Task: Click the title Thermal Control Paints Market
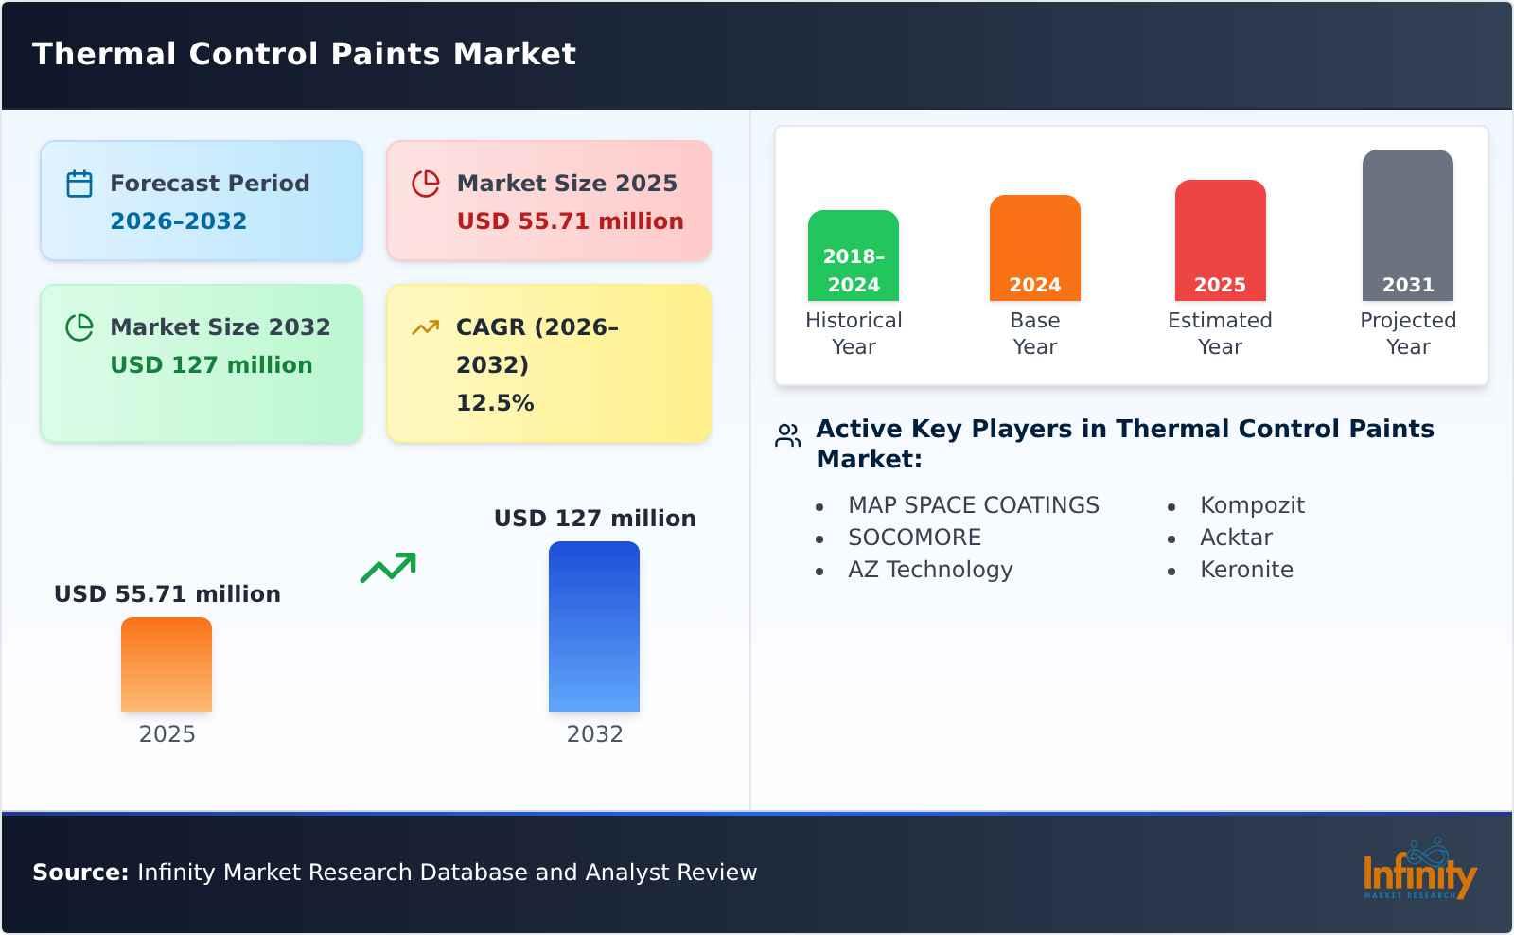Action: coord(304,54)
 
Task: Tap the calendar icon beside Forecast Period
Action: coord(79,184)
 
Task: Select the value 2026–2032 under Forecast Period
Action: coord(178,221)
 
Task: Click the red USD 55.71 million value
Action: coord(570,221)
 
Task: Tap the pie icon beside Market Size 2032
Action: coord(79,327)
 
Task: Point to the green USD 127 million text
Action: coord(211,365)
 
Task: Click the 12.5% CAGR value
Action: coord(495,403)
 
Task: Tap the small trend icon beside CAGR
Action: coord(426,327)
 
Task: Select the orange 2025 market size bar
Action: coord(167,664)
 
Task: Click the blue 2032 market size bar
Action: coord(594,626)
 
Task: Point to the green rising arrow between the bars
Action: coord(388,568)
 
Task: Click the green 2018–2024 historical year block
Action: coord(854,256)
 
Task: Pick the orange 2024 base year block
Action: coord(1035,248)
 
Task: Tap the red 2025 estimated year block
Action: coord(1220,240)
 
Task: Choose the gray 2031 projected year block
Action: coord(1408,225)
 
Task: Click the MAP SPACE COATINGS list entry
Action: coord(973,505)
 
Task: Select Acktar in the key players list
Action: coord(1236,538)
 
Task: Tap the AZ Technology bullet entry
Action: coord(930,570)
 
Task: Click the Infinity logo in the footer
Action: coord(1418,872)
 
